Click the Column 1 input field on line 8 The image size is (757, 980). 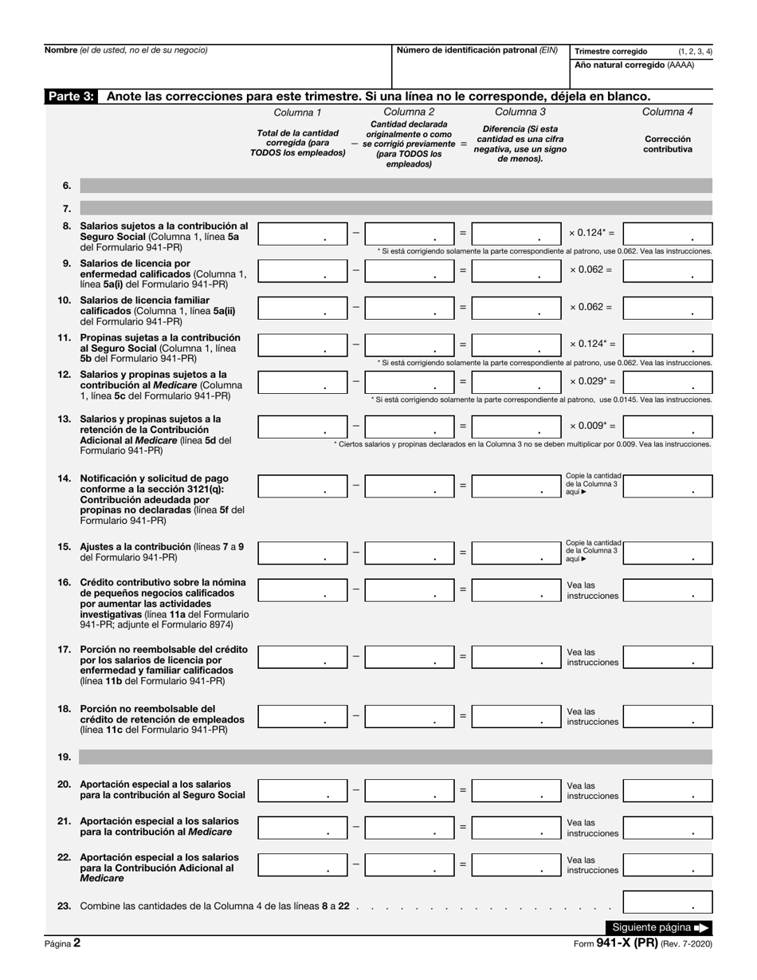click(x=303, y=234)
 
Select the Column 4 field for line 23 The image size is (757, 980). click(x=668, y=902)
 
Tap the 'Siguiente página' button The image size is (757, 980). click(x=659, y=927)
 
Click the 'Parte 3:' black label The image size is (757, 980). click(x=71, y=96)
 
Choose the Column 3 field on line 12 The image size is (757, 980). click(x=516, y=382)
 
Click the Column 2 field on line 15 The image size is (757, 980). click(x=410, y=552)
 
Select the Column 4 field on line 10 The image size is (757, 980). click(x=668, y=307)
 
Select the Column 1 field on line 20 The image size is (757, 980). click(x=303, y=790)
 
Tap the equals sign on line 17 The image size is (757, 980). click(x=462, y=656)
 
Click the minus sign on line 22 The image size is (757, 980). click(x=356, y=864)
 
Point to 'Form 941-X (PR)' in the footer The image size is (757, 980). click(x=615, y=943)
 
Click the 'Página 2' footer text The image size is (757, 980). click(x=62, y=943)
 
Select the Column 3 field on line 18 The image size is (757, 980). click(x=516, y=716)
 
